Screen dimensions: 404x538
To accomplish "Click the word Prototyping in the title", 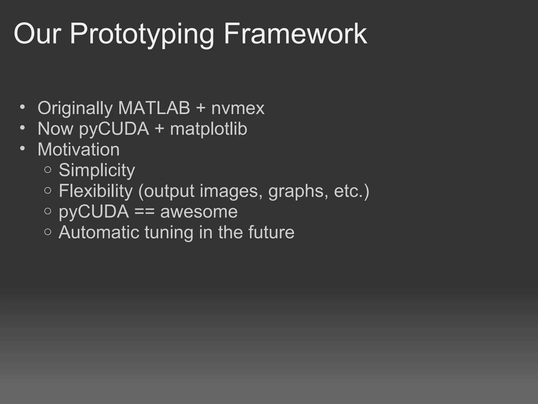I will [142, 34].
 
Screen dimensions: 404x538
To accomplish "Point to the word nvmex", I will [238, 108].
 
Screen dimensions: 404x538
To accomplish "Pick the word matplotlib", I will [209, 129].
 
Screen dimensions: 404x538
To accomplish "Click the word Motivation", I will [79, 149].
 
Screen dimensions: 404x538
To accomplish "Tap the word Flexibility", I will [96, 191].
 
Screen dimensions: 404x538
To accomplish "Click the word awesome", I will [199, 212].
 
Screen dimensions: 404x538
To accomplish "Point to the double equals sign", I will [144, 212].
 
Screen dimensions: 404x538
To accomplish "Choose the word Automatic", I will [99, 232].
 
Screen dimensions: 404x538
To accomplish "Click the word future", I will [271, 232].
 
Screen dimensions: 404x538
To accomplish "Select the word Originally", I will [75, 108].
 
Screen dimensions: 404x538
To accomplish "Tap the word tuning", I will [168, 233].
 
